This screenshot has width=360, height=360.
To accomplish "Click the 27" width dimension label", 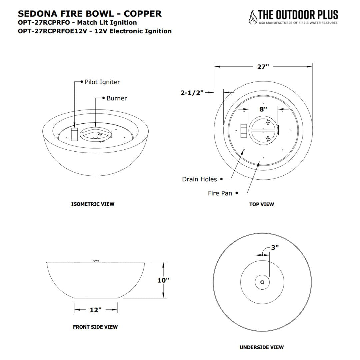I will (263, 67).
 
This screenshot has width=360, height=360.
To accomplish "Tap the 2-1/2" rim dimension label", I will (192, 93).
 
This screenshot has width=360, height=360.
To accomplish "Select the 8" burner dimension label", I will (263, 109).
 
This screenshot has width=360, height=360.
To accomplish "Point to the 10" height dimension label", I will (163, 280).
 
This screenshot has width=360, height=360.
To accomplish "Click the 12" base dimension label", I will (95, 310).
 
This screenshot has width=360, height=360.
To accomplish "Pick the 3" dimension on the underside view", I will (275, 248).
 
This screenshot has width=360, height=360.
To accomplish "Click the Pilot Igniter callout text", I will (102, 82).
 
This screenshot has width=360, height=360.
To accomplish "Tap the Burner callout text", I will (117, 98).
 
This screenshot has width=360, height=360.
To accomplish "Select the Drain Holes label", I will (199, 179).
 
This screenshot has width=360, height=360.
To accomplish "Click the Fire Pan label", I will (220, 193).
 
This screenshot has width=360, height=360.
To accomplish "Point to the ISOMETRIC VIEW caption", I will (93, 204).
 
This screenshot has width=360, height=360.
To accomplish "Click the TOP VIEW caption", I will (262, 204).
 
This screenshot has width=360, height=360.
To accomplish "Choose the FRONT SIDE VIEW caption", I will (95, 327).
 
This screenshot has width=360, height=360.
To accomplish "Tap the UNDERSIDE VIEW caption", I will (262, 347).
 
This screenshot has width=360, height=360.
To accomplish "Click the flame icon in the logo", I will (253, 17).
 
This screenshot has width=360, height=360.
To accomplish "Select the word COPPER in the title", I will (143, 14).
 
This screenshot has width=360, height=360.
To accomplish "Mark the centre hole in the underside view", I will (262, 283).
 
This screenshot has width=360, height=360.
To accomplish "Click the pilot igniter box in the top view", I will (244, 131).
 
